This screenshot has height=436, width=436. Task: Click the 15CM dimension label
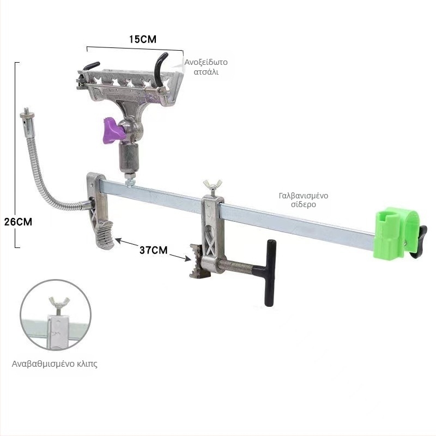142,39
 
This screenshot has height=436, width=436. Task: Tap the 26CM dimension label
19,222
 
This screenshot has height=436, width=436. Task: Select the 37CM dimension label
154,250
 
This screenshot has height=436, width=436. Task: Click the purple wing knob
113,130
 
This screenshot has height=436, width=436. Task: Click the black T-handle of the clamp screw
269,272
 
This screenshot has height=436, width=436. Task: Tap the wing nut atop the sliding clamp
213,185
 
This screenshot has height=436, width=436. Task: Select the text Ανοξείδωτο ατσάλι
206,66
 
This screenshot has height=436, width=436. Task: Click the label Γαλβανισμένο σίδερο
304,200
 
